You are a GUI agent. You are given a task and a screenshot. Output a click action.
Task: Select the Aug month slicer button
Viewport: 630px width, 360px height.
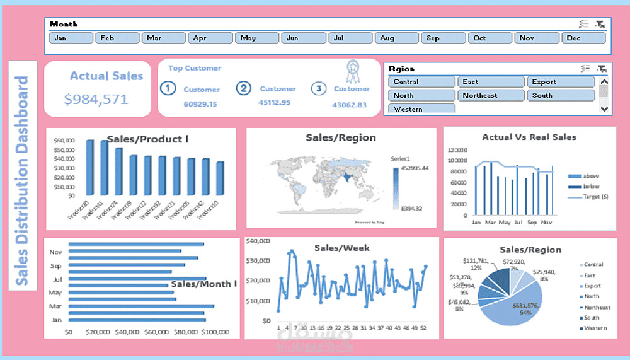(x=396, y=38)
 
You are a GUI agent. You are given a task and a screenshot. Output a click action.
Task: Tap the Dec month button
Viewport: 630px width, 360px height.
(x=583, y=38)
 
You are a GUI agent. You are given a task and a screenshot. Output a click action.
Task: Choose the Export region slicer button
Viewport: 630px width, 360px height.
(x=560, y=82)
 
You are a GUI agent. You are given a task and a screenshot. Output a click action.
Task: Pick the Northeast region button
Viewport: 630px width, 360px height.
(x=491, y=96)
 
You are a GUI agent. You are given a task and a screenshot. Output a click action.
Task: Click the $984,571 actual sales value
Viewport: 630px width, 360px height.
(x=96, y=99)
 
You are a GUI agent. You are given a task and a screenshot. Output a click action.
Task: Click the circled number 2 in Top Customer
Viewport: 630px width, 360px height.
(x=244, y=89)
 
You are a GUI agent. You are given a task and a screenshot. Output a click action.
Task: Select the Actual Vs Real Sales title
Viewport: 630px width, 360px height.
(x=529, y=137)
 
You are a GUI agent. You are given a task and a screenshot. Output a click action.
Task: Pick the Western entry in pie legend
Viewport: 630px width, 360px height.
(x=595, y=328)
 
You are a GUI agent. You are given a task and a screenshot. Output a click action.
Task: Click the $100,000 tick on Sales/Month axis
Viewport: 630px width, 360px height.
(x=215, y=332)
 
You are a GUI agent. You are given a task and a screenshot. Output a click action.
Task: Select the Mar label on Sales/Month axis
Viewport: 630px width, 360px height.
(x=55, y=306)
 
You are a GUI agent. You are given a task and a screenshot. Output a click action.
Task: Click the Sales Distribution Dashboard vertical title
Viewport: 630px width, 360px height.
(x=22, y=180)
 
